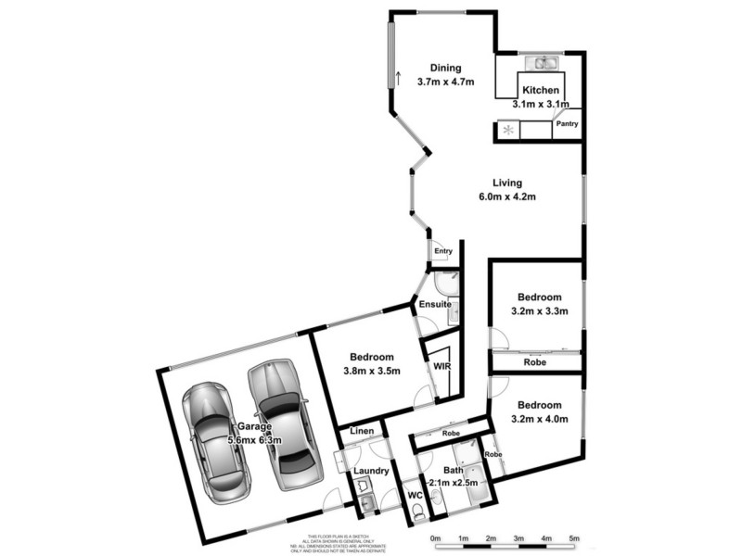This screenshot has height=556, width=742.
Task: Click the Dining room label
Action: (x=446, y=67)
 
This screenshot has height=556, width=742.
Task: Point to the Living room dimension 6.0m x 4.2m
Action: (x=507, y=196)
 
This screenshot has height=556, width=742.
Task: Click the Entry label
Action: (x=442, y=251)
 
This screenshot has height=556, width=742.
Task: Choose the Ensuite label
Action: (x=435, y=303)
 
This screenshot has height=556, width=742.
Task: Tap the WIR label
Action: (x=441, y=367)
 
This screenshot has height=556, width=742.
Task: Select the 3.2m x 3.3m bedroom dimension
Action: (x=540, y=310)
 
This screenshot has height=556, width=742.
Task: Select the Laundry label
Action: (x=371, y=471)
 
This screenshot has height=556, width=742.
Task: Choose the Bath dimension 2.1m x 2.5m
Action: (x=453, y=484)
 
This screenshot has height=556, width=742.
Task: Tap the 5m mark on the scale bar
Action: (x=573, y=538)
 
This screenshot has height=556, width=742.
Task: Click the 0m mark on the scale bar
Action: (x=434, y=538)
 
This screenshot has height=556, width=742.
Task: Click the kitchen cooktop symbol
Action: (x=506, y=131)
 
